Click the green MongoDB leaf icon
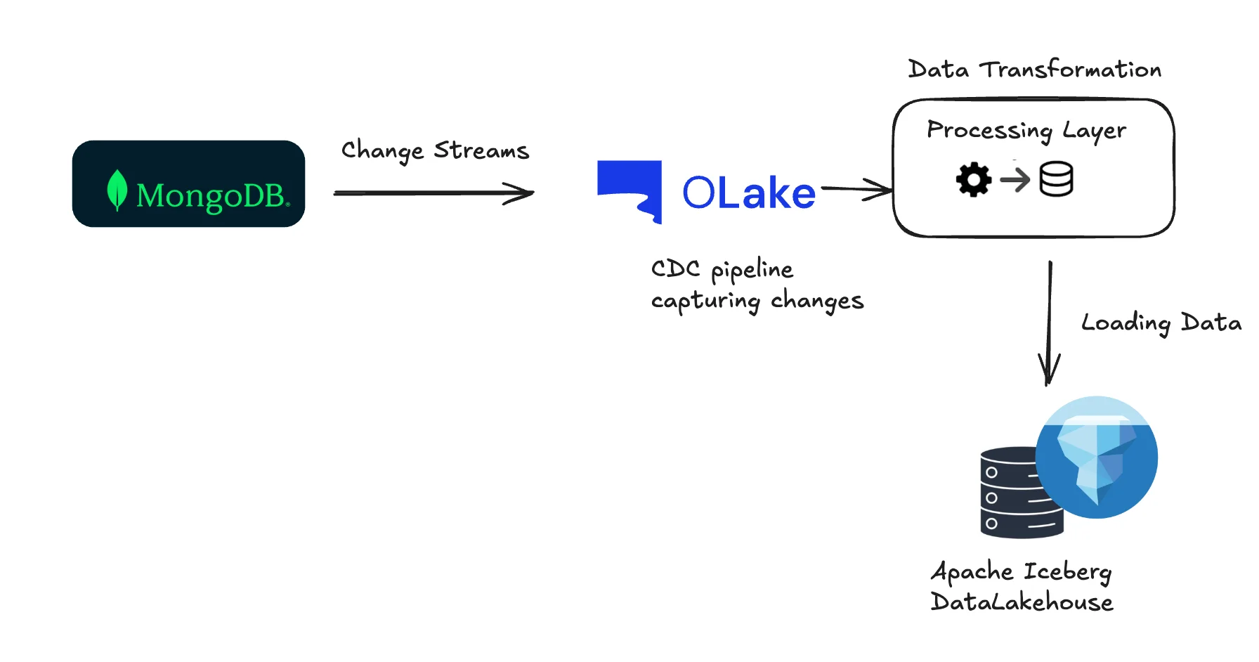click(117, 190)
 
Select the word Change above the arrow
click(382, 150)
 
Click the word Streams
click(481, 150)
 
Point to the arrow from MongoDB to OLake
click(433, 193)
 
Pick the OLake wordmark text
click(748, 193)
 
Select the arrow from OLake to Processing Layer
click(856, 188)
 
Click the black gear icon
click(974, 180)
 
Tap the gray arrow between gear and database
click(1015, 180)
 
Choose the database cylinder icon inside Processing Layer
click(1056, 179)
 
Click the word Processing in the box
click(989, 130)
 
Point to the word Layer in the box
click(1094, 130)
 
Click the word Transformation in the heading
click(1070, 69)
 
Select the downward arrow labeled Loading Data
click(1050, 323)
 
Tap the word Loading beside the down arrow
click(1126, 323)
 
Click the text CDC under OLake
click(675, 268)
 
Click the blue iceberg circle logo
click(1097, 457)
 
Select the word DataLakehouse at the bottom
click(1022, 602)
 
